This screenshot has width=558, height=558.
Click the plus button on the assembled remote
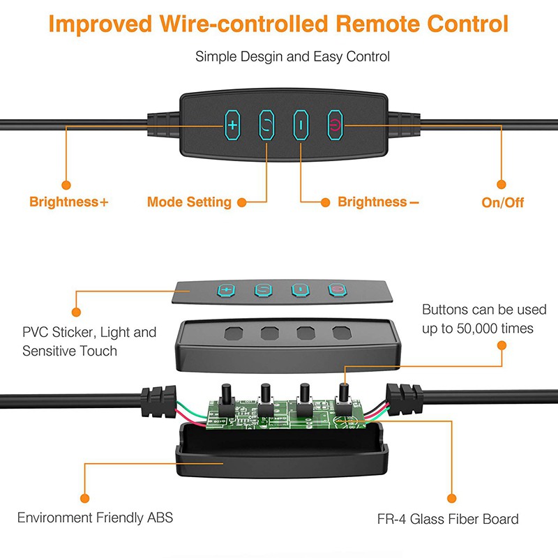coord(232,125)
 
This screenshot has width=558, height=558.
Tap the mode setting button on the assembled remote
coord(266,125)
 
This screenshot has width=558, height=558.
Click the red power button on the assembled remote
coord(335,125)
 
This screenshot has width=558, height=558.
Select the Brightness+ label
coord(68,202)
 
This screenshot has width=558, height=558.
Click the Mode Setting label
coord(189,202)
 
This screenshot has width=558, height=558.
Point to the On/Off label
coord(502,202)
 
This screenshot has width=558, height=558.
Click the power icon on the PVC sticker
coord(337,289)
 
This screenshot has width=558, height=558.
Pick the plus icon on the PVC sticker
coord(226,289)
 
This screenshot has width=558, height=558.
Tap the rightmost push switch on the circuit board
coord(343,398)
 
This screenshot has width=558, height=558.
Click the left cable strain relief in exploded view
coord(158,400)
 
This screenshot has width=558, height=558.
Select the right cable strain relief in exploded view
coord(405,400)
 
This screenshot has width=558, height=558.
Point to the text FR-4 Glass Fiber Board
coord(448,519)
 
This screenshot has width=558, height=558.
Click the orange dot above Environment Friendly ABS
coord(84,498)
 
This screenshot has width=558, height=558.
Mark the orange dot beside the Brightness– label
coord(325,202)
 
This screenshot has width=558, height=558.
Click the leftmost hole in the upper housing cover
coord(234,333)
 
